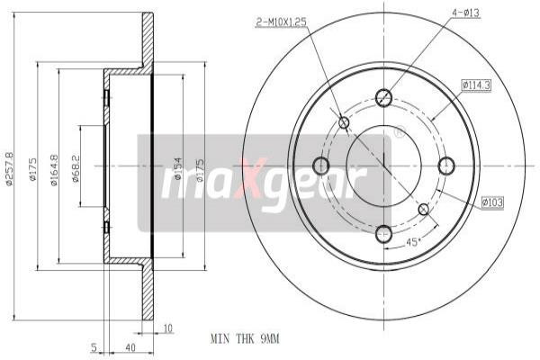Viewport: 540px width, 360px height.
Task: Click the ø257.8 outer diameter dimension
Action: click(x=10, y=166)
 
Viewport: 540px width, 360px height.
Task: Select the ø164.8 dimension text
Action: click(x=55, y=168)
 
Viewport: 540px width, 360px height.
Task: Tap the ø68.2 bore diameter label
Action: click(x=76, y=168)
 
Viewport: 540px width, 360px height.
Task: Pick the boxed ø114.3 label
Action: click(x=475, y=85)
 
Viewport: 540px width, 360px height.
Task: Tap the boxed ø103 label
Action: click(x=491, y=203)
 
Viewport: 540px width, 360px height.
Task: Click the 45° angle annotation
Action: click(x=413, y=242)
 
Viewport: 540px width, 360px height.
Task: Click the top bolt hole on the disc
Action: click(x=384, y=97)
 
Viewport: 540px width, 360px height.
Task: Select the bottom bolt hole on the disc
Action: click(x=384, y=233)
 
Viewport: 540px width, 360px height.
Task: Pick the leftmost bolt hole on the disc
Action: click(x=319, y=166)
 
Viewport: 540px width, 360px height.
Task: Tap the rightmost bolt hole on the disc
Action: click(x=447, y=166)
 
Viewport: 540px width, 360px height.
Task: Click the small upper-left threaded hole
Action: click(x=343, y=122)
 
